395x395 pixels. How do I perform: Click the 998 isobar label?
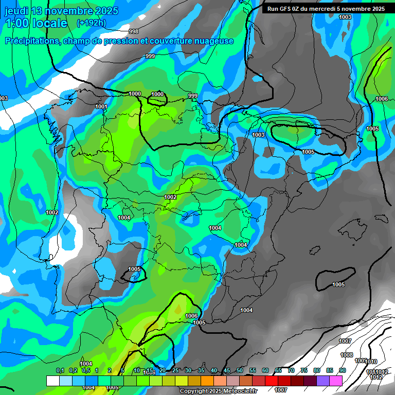click(x=134, y=31)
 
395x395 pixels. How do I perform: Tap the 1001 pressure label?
click(x=101, y=106)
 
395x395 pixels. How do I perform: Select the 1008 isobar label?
click(x=347, y=355)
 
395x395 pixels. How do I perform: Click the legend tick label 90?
click(x=343, y=370)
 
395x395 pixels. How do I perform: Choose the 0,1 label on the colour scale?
click(x=60, y=370)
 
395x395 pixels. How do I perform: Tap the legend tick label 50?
click(x=240, y=370)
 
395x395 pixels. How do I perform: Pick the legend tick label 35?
click(x=201, y=370)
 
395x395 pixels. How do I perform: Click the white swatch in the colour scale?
click(x=52, y=381)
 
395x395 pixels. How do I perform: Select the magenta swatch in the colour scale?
click(x=336, y=381)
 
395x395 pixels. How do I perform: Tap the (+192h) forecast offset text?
click(x=91, y=23)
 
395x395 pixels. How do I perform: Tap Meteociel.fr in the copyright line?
click(x=239, y=391)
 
